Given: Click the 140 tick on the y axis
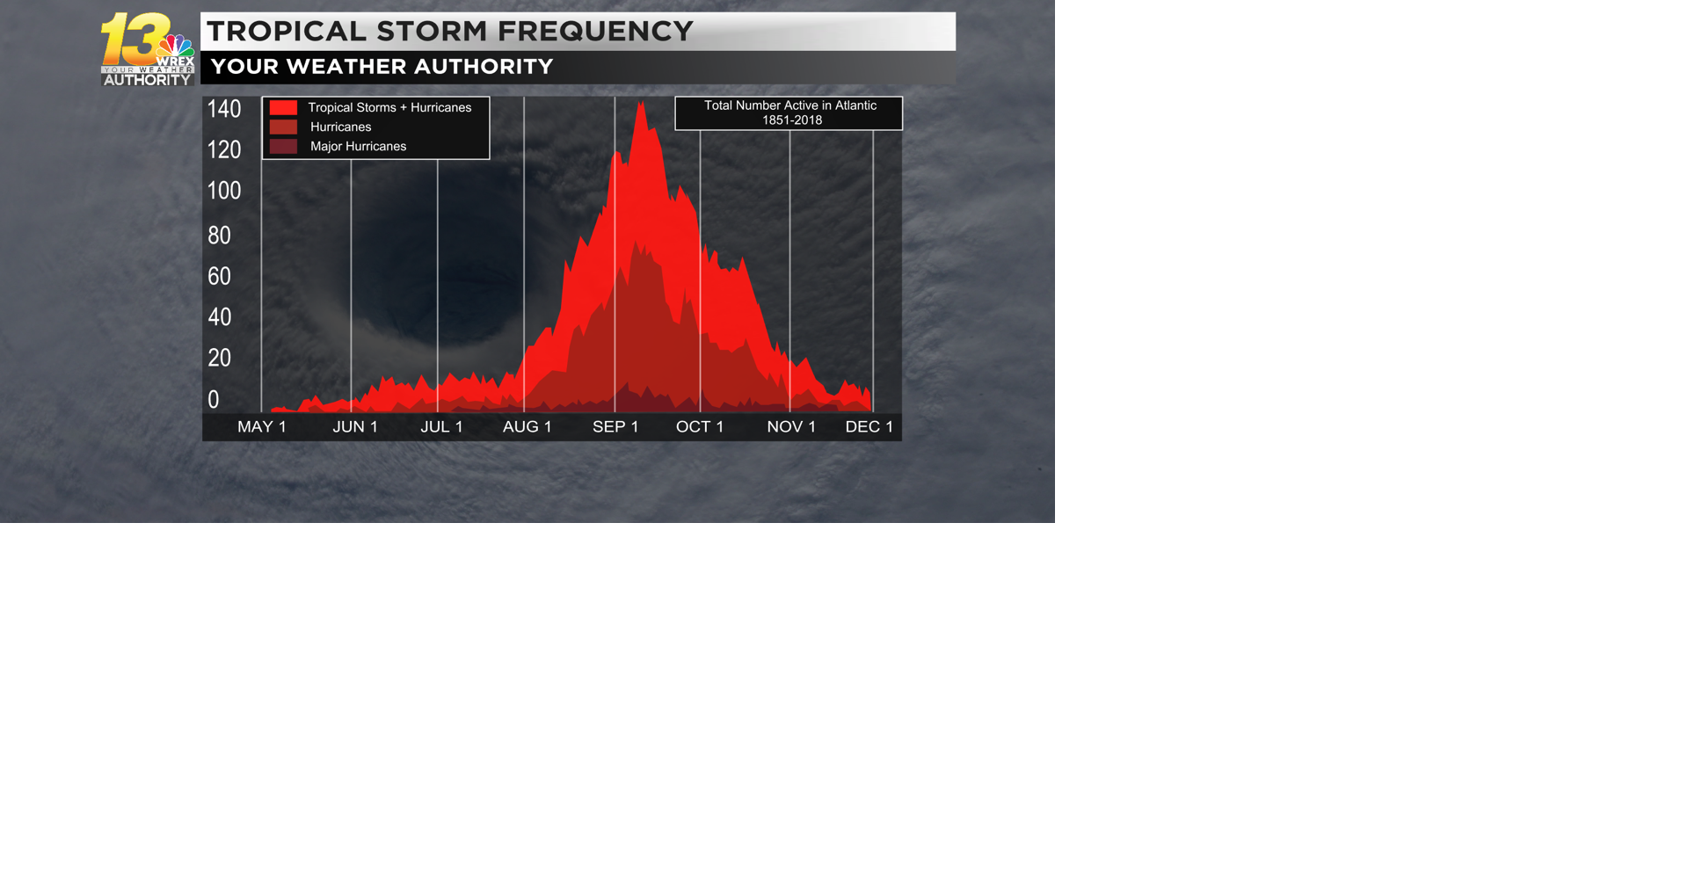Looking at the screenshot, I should tap(223, 109).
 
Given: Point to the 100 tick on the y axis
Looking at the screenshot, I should tap(223, 191).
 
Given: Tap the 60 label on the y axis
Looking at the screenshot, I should tap(219, 276).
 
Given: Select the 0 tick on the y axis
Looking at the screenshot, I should tap(214, 400).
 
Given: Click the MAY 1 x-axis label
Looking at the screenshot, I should tap(262, 427).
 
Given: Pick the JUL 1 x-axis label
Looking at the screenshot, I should tap(441, 427).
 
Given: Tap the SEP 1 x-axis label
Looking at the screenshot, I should tap(615, 427).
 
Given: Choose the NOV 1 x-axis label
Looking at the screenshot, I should tap(791, 427).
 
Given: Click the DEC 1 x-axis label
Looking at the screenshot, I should tap(869, 427).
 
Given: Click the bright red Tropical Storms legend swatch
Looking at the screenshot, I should tap(283, 107).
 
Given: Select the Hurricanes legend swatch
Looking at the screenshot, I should tap(283, 127).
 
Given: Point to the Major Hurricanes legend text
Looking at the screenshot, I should tap(358, 147).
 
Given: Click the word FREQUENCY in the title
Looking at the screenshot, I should tap(595, 32).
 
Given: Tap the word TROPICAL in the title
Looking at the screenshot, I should tap(286, 32).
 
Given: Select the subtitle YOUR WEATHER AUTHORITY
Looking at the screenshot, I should tap(382, 67).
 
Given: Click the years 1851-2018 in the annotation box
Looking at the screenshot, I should tap(792, 120).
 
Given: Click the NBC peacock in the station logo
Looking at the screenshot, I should tap(176, 45).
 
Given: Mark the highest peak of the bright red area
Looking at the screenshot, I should tap(641, 104).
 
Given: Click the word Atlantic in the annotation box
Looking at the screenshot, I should tap(855, 105).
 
